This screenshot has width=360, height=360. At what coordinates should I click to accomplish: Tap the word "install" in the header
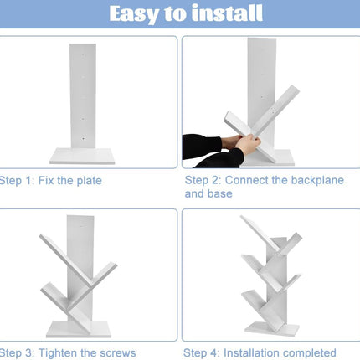tap(228, 13)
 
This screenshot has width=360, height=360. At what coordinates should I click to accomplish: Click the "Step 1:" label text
tap(17, 181)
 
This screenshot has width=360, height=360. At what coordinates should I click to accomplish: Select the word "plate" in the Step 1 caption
tap(90, 181)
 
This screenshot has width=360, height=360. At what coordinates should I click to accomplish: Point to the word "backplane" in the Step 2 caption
tap(315, 180)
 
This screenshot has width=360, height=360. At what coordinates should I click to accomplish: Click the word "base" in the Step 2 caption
tap(220, 193)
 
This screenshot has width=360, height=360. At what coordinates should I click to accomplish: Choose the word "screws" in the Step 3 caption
tap(118, 353)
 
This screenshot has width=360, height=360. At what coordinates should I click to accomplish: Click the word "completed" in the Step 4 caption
tap(307, 353)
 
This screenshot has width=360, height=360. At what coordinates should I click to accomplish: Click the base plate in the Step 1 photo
tap(82, 156)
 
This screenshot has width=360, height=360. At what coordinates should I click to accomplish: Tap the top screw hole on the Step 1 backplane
tap(83, 54)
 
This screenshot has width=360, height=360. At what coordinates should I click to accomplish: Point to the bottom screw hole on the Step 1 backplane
tap(83, 138)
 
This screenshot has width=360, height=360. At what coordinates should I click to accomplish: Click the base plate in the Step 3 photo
tap(79, 329)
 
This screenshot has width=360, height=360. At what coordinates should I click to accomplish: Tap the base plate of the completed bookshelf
tap(271, 329)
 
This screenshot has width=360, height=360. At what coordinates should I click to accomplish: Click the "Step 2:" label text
tap(203, 180)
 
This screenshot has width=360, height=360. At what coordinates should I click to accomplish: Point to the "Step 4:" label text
tap(202, 353)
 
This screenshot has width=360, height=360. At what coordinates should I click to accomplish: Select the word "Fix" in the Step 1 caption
tap(46, 181)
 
